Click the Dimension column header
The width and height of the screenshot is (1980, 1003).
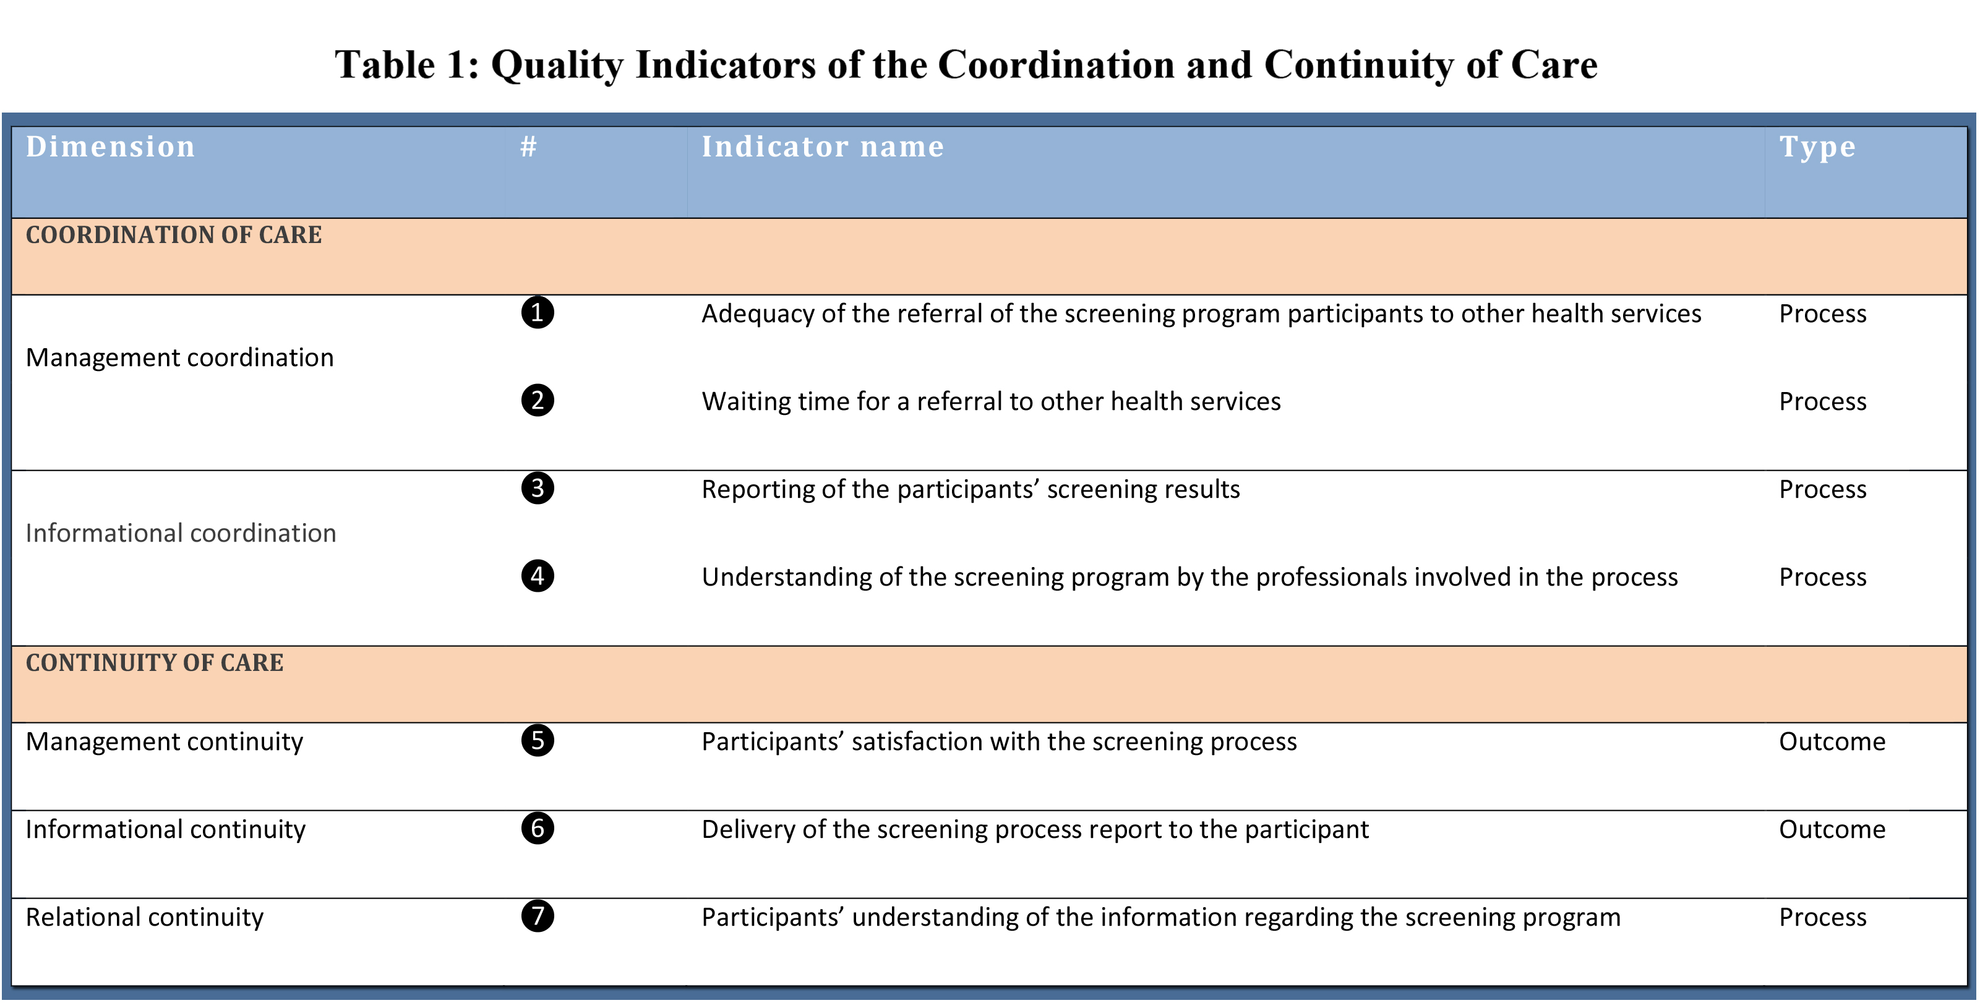(x=110, y=146)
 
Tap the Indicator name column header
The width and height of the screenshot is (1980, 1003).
(x=823, y=146)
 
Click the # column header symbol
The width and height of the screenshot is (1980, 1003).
(x=528, y=146)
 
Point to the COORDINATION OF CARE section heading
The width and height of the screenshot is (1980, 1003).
(x=174, y=234)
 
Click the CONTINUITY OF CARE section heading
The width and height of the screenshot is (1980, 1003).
(x=155, y=662)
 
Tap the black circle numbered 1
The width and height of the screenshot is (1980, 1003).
(x=538, y=313)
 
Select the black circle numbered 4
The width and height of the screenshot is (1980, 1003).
(x=538, y=576)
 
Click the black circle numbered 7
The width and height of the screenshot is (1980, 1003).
(x=538, y=916)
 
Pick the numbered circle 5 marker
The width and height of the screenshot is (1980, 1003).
(x=538, y=740)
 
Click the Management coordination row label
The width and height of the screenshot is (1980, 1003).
(x=180, y=358)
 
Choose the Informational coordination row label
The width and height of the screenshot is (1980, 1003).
(x=181, y=532)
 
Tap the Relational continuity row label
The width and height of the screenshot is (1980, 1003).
(x=145, y=917)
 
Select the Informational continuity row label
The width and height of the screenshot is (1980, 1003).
(x=165, y=829)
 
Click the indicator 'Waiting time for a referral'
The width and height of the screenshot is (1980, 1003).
(x=991, y=401)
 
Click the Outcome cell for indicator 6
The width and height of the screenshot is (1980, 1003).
(x=1832, y=829)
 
